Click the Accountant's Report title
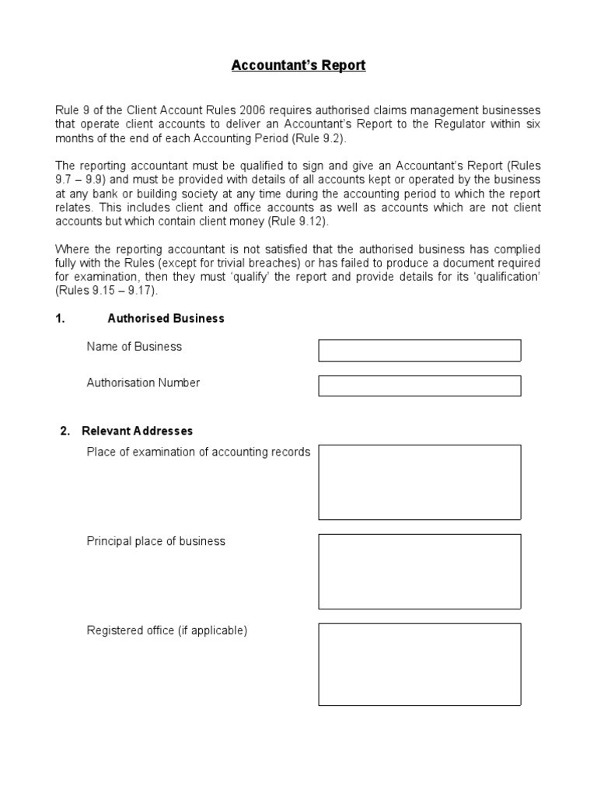pyautogui.click(x=298, y=65)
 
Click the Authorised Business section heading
pyautogui.click(x=166, y=318)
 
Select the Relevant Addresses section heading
pyautogui.click(x=137, y=431)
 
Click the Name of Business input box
pyautogui.click(x=419, y=351)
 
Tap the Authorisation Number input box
pyautogui.click(x=419, y=386)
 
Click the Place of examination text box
pyautogui.click(x=419, y=482)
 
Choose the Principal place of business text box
pyautogui.click(x=419, y=571)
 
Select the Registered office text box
pyautogui.click(x=419, y=664)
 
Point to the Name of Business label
pyautogui.click(x=134, y=347)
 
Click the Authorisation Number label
pyautogui.click(x=143, y=382)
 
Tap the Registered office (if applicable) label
pyautogui.click(x=166, y=630)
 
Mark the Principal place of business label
pyautogui.click(x=155, y=541)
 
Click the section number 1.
pyautogui.click(x=59, y=318)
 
